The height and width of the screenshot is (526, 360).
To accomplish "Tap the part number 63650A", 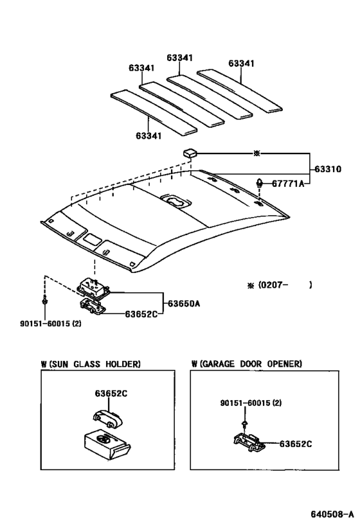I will click(183, 302).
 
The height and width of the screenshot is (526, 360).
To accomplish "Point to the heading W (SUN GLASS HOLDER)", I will click(91, 364).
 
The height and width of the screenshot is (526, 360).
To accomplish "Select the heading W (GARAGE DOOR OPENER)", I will click(246, 364).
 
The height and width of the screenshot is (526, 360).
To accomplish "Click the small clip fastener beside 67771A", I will click(260, 182).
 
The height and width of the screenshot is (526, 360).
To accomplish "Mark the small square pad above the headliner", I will click(189, 153).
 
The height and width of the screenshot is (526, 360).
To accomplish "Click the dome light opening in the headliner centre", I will click(174, 201).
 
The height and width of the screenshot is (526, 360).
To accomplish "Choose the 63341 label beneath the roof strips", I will click(149, 136).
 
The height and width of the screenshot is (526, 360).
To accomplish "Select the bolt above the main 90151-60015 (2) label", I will click(43, 301).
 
